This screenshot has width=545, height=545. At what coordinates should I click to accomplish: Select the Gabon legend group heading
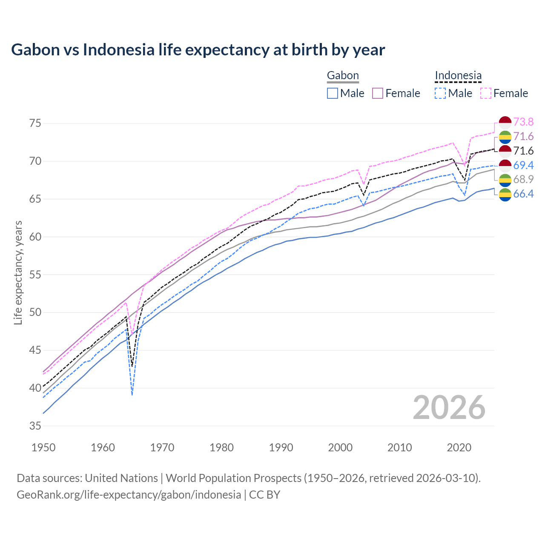coord(343,76)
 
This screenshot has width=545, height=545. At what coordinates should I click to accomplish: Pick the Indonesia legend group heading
coord(458,76)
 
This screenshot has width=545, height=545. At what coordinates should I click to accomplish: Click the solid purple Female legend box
coord(378,93)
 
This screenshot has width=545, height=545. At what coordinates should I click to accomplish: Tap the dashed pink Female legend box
coord(486,93)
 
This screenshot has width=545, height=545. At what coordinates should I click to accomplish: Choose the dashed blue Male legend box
coord(440,93)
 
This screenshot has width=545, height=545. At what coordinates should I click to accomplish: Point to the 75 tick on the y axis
coord(35,123)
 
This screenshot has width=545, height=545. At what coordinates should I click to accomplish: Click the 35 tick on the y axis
coord(35,426)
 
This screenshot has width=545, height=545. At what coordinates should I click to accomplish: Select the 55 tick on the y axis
coord(35,275)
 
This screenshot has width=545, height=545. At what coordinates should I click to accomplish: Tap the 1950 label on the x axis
coord(43,447)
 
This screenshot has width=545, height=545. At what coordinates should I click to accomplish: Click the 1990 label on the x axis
coord(281,447)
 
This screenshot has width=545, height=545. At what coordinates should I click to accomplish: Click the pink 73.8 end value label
coord(523,122)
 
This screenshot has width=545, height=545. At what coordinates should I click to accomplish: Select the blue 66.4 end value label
coord(523,194)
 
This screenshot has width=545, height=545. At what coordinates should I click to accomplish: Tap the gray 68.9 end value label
coord(523,179)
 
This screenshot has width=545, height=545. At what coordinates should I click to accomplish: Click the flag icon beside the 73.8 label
coord(505,122)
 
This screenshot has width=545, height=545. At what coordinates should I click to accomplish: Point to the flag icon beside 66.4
coord(505,195)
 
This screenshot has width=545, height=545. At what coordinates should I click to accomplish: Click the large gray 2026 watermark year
coord(449,408)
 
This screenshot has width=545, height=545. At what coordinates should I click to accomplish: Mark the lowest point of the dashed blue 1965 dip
coord(132,395)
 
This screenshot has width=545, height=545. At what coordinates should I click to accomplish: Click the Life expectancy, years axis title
coord(18,272)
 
